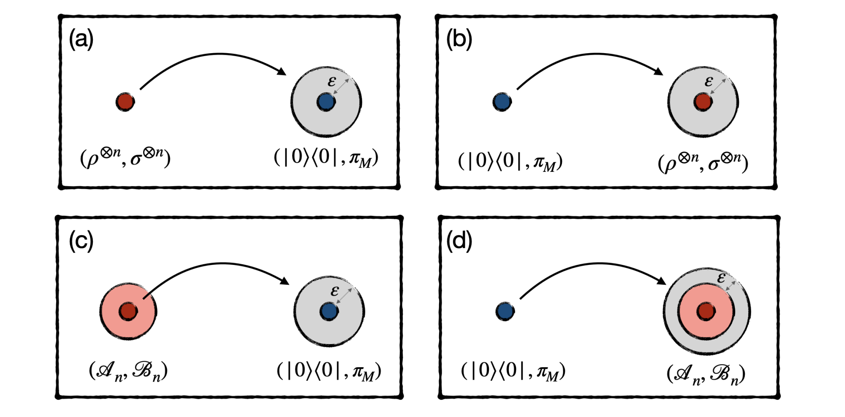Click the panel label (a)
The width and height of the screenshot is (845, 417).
[x=81, y=40]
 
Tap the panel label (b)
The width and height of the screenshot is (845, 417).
[x=459, y=40]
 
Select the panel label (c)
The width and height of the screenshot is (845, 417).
[x=81, y=241]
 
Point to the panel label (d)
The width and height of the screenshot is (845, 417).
[x=459, y=241]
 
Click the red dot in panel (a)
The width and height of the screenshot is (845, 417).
[x=125, y=101]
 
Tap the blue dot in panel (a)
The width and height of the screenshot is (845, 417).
[x=326, y=101]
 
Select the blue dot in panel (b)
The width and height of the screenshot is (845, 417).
[x=502, y=101]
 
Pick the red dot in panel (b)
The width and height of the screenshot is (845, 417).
[x=703, y=101]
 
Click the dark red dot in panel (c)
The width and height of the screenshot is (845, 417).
[x=128, y=311]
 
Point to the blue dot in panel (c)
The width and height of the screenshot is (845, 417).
[x=329, y=311]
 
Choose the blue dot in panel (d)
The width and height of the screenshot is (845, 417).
[x=505, y=311]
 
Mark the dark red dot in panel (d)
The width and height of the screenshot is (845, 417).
[x=706, y=311]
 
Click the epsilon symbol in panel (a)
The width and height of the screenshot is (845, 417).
[x=332, y=82]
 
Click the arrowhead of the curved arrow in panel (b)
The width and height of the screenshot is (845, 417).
[x=659, y=72]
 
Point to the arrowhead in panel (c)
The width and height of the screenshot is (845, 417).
[x=284, y=281]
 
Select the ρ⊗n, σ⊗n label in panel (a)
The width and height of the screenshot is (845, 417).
[x=125, y=158]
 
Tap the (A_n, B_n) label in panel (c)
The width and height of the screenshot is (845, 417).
[x=128, y=371]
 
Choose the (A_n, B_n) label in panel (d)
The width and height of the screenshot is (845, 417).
[x=706, y=375]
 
